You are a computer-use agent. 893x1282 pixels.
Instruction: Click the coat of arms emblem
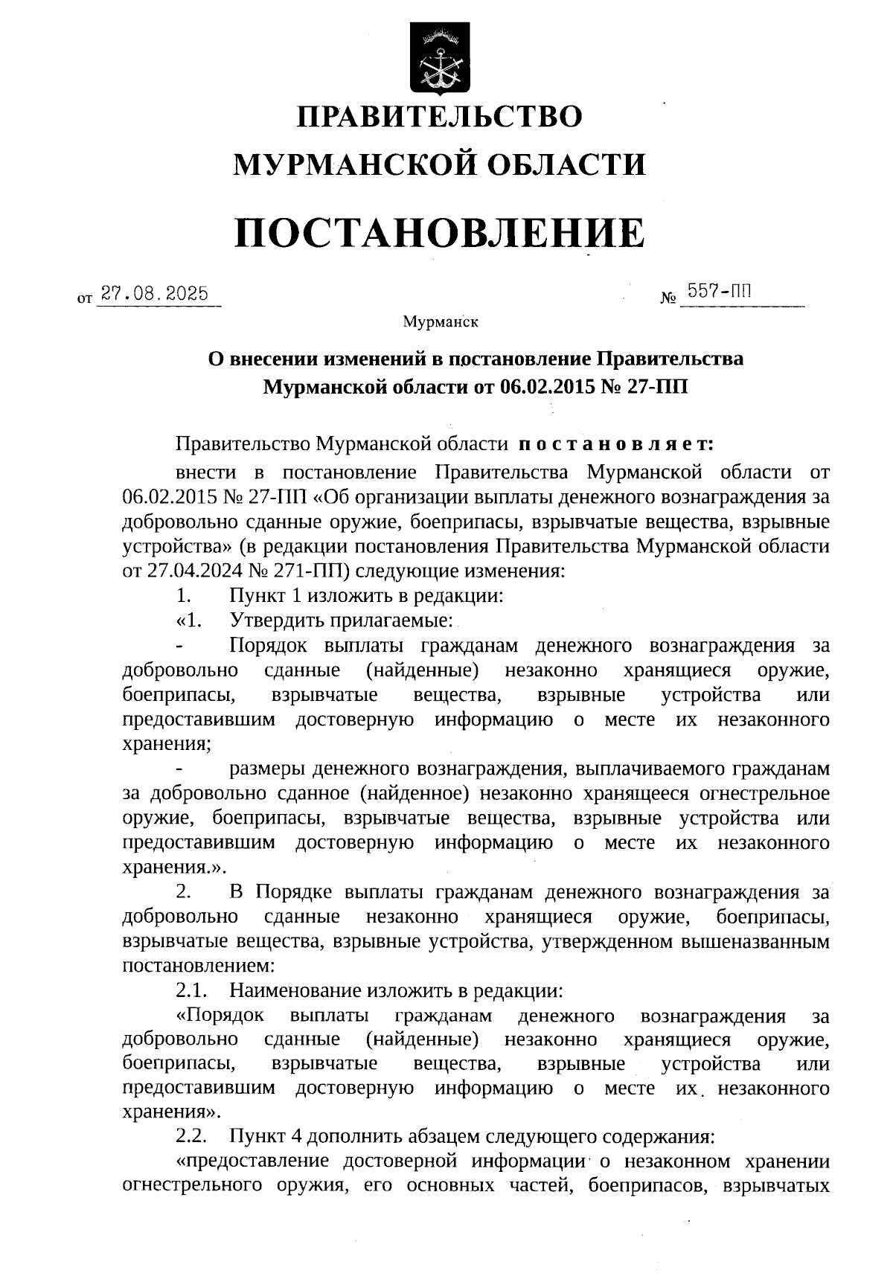[440, 59]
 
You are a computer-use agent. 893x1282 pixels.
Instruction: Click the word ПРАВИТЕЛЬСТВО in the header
[440, 117]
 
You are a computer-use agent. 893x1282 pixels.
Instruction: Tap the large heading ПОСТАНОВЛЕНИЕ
[440, 233]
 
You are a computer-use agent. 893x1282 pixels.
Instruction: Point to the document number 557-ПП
[719, 290]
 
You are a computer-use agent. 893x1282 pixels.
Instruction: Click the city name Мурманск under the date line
[440, 322]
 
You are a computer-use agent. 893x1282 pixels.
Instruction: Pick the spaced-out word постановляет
[615, 444]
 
